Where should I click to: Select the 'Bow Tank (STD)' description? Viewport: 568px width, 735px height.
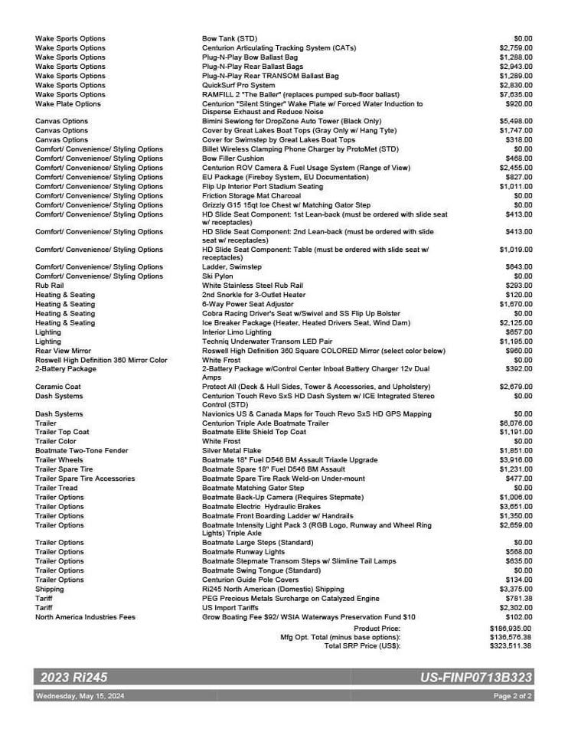(230, 38)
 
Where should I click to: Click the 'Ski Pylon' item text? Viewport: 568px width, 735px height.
(219, 276)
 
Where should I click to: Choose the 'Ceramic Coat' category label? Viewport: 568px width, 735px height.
(58, 387)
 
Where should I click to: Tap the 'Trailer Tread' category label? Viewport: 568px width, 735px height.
(57, 488)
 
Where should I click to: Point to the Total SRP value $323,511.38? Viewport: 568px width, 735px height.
(511, 646)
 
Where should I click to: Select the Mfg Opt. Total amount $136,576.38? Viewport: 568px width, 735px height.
(511, 637)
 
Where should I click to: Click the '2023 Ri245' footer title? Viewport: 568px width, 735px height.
(70, 678)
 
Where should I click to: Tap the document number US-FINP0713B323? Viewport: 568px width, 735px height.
(476, 678)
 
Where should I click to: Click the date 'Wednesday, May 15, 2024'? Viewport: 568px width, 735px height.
(80, 696)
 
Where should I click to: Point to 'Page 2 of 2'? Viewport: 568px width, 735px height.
(512, 696)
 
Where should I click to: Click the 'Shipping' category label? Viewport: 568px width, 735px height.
(50, 590)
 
